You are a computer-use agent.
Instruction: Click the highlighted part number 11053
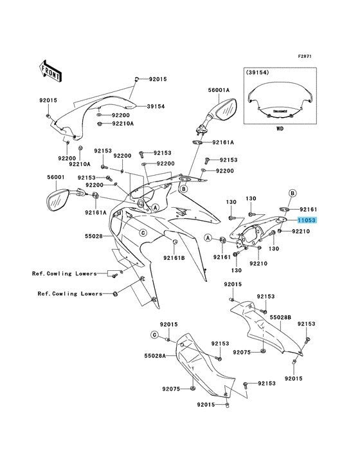pyautogui.click(x=307, y=220)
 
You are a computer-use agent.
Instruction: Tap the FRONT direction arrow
pyautogui.click(x=50, y=72)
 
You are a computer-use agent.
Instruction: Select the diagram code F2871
pyautogui.click(x=305, y=56)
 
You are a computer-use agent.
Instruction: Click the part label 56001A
pyautogui.click(x=219, y=90)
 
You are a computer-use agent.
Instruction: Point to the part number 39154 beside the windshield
pyautogui.click(x=156, y=106)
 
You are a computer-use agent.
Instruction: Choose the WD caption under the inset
pyautogui.click(x=280, y=129)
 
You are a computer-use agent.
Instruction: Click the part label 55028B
pyautogui.click(x=280, y=317)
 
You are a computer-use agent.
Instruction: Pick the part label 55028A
pyautogui.click(x=155, y=356)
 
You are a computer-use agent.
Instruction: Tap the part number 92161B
pyautogui.click(x=174, y=257)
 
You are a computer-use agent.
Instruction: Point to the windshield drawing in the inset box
pyautogui.click(x=280, y=100)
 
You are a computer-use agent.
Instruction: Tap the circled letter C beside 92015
pyautogui.click(x=154, y=335)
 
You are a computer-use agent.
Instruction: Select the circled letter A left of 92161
pyautogui.click(x=208, y=238)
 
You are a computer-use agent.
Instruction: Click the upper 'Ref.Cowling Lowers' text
pyautogui.click(x=64, y=273)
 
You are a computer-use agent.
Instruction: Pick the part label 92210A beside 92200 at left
pyautogui.click(x=80, y=164)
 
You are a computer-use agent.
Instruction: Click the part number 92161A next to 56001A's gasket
pyautogui.click(x=223, y=142)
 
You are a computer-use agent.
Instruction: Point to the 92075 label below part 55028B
pyautogui.click(x=242, y=352)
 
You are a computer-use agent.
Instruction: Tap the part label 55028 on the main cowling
pyautogui.click(x=94, y=236)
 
